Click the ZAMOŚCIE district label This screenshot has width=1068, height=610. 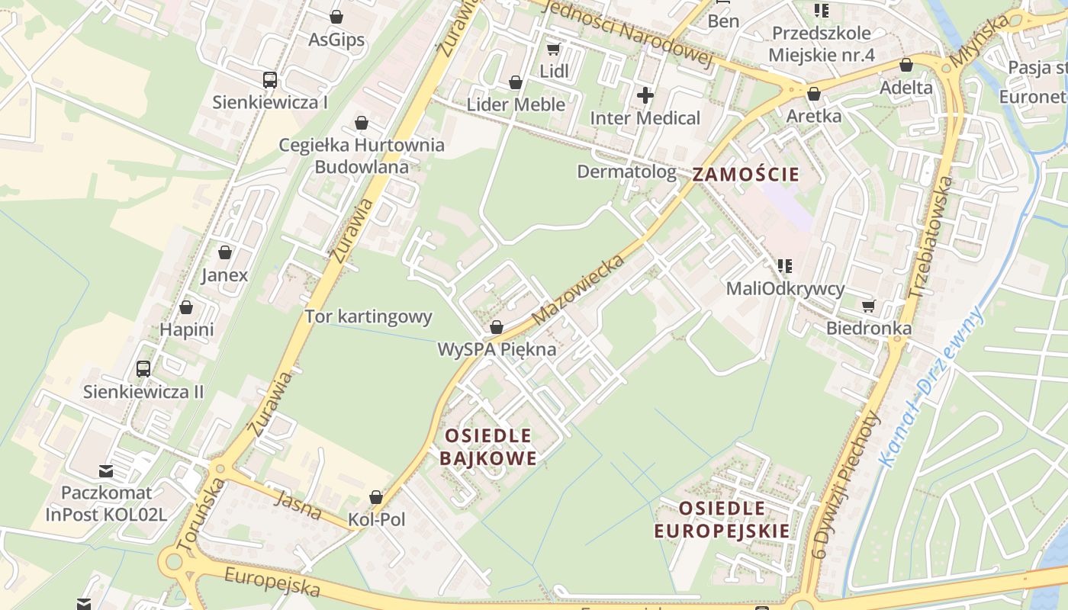[746, 175]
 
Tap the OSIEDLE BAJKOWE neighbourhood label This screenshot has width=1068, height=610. [488, 447]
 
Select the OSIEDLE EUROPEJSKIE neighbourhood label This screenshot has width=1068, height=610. [722, 519]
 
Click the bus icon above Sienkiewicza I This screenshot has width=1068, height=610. [270, 80]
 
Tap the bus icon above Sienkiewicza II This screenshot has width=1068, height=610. [143, 369]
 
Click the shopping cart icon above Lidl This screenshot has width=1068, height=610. [554, 50]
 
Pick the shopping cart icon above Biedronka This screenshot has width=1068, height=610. [868, 306]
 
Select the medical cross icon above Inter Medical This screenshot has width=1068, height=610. [645, 95]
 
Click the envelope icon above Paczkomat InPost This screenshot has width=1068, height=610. [106, 470]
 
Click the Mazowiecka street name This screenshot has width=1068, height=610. [579, 289]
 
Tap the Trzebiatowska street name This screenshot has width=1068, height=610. [922, 237]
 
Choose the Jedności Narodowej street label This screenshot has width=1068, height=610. [629, 32]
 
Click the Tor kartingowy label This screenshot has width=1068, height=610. [368, 316]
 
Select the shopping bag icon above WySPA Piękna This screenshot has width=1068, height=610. [497, 328]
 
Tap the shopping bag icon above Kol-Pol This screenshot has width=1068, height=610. [376, 497]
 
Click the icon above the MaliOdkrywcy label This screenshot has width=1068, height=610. [784, 266]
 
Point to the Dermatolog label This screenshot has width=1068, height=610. [626, 172]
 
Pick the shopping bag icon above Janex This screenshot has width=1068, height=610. [225, 252]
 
